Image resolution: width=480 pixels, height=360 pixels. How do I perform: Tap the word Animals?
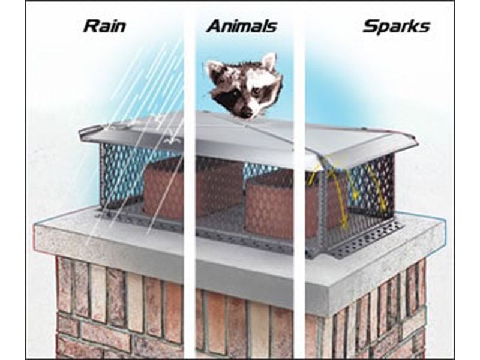242,26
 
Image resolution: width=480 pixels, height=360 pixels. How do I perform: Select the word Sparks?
396,26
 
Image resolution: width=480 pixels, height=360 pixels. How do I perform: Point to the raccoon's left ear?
268,62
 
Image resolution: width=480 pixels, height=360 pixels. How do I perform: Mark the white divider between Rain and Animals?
190,180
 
